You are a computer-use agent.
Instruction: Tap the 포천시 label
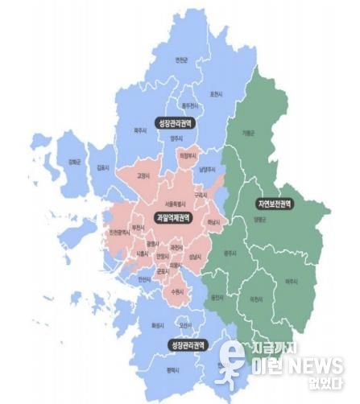coord(215,94)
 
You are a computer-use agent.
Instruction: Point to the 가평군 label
coord(246,134)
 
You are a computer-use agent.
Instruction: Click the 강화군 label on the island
coord(74,163)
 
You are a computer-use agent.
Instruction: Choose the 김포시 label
coord(103,167)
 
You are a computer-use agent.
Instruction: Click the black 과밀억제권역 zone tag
coord(172,218)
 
